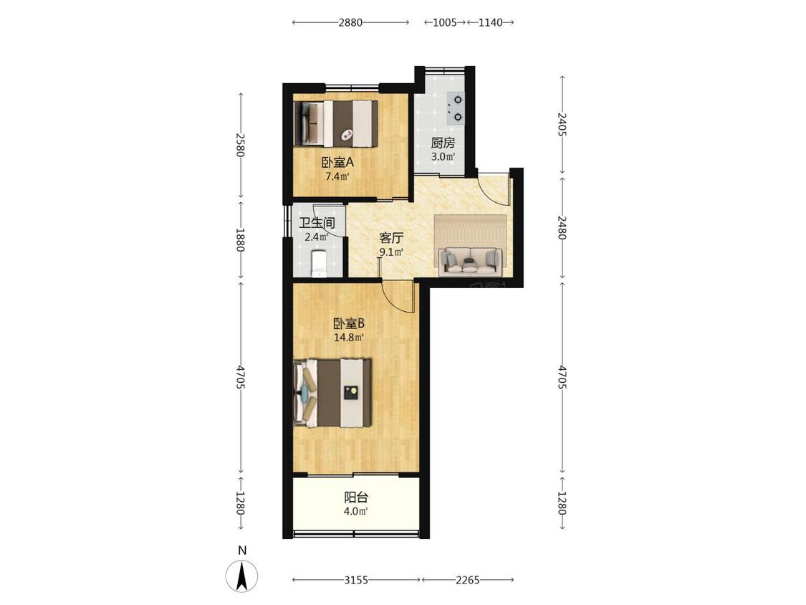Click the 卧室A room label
pos(337,163)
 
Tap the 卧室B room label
pos(349,323)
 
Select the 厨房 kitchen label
pos(443,143)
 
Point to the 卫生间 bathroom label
pos(317,223)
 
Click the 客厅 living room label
pos(391,238)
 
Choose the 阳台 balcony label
pos(355,497)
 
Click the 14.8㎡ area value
pos(349,338)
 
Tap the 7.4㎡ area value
pos(337,176)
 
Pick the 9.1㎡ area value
pos(391,252)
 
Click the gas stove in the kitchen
pos(456,108)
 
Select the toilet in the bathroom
pos(320,263)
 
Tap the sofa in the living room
pos(470,260)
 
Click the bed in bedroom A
pos(336,123)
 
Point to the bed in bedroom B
pos(332,393)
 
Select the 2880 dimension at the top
pos(350,22)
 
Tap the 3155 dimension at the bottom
pos(355,580)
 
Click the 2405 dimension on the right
pos(562,124)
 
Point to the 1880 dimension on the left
pos(240,239)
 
